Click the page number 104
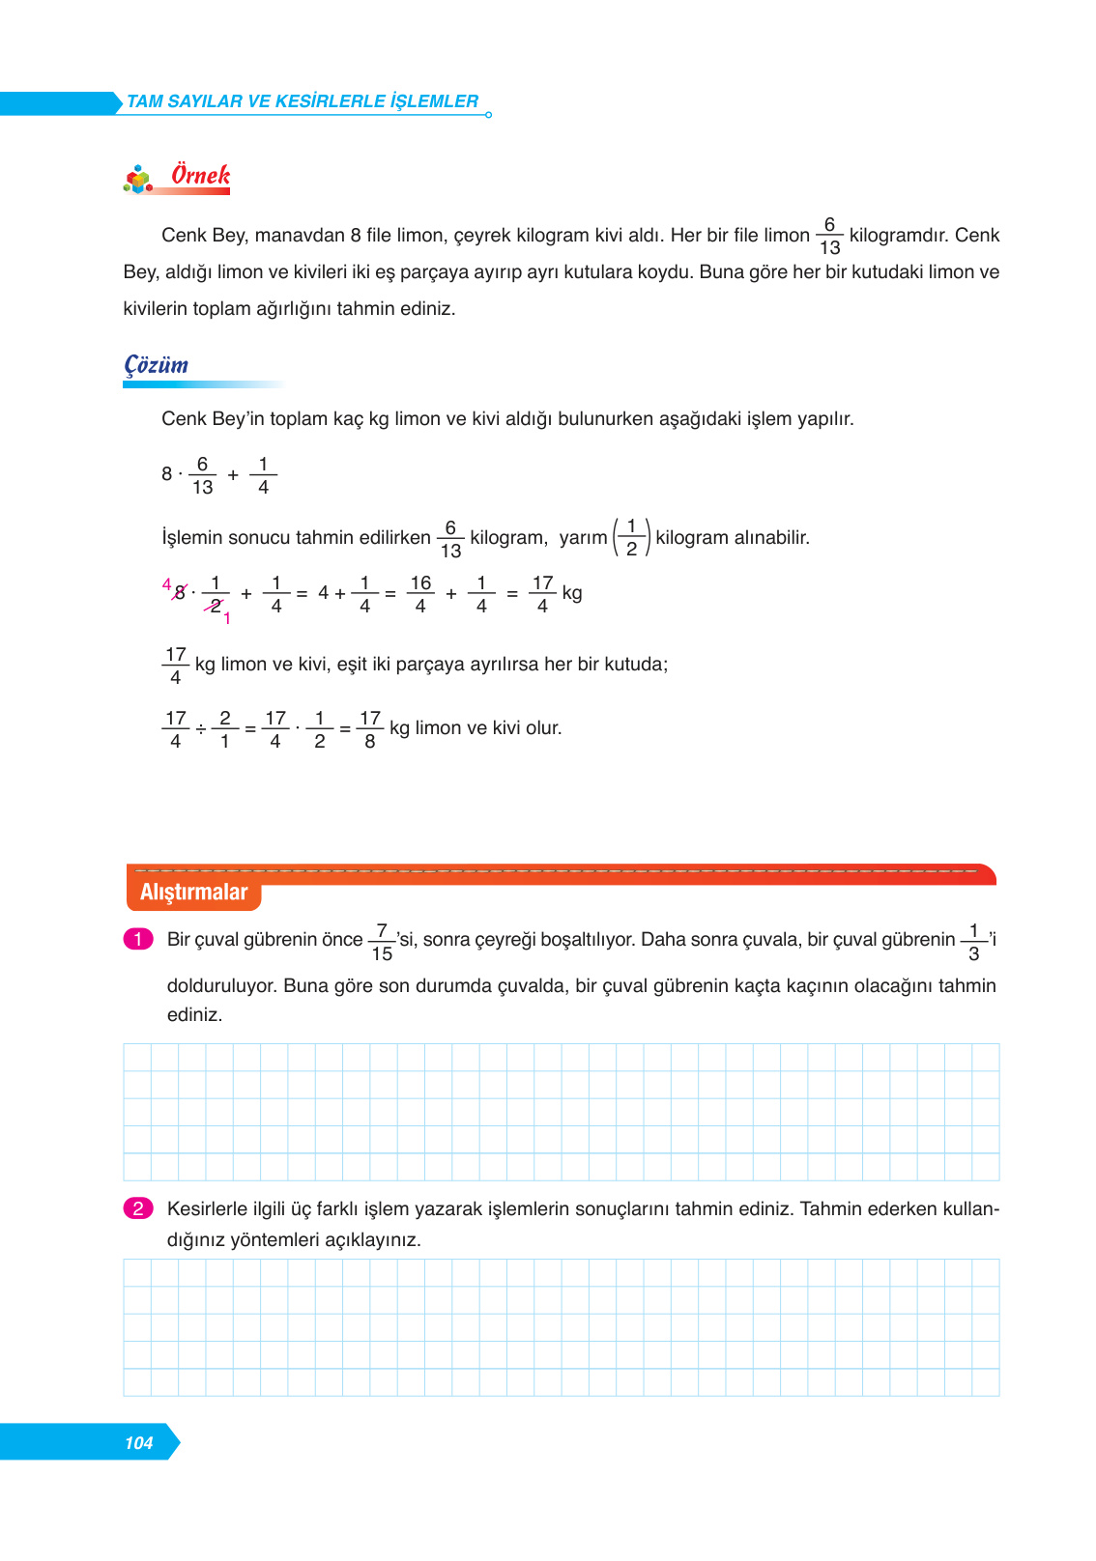point(139,1442)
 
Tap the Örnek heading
point(200,175)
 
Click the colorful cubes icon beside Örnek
point(139,180)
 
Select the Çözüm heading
point(157,365)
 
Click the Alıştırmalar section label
point(193,892)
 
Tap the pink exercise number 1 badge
point(138,939)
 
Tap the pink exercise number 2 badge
point(138,1208)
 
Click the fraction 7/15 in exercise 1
point(382,942)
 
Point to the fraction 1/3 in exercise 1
point(973,942)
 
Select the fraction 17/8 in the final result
point(369,729)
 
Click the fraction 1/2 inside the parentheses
point(631,538)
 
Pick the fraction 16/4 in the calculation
point(420,594)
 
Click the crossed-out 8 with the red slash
point(179,593)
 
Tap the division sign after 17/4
point(200,729)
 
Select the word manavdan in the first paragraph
point(300,235)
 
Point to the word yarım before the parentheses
point(583,537)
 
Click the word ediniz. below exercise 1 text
point(194,1014)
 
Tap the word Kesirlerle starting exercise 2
point(208,1208)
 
